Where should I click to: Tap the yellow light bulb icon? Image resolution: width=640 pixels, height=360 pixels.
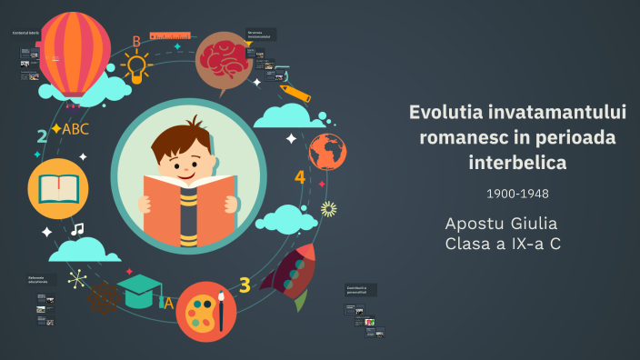(135, 65)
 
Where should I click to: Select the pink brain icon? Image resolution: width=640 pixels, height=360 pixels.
(219, 55)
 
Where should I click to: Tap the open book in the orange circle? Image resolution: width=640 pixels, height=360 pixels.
(58, 187)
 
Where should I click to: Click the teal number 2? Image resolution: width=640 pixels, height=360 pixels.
(42, 136)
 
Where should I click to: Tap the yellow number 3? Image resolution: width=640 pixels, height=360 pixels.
(245, 285)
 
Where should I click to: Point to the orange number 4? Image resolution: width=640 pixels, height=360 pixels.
(300, 176)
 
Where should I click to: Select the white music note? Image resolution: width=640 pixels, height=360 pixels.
(77, 229)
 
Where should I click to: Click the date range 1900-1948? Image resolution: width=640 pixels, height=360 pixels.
(516, 194)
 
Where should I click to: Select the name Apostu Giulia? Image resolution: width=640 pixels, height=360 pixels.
(501, 224)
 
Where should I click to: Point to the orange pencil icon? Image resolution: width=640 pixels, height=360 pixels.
(297, 94)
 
